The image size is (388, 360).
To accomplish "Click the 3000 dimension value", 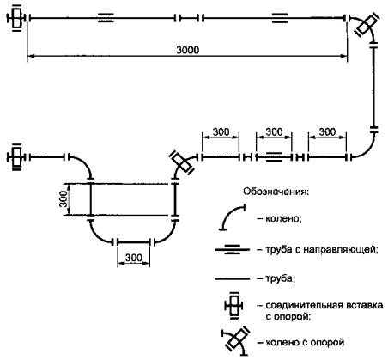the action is click(x=187, y=50).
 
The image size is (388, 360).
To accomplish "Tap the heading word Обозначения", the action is click(x=276, y=192).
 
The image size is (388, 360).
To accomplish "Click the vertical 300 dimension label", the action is click(x=64, y=198).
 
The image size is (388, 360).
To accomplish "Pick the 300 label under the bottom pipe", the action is click(x=134, y=258).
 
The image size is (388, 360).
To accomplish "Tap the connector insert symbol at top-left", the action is click(x=17, y=18).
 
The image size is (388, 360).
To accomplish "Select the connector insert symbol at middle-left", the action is click(x=17, y=157).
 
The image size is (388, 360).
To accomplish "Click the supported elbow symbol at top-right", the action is click(x=367, y=24).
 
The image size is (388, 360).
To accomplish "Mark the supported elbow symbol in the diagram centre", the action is click(x=181, y=162).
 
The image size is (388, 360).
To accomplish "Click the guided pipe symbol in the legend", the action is click(x=232, y=249).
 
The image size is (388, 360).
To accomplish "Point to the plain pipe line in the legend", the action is click(x=232, y=278).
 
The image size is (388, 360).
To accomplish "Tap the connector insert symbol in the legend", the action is click(x=234, y=305).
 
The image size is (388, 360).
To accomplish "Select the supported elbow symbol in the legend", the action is click(x=236, y=341).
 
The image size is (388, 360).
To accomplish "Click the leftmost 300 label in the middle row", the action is click(x=221, y=131).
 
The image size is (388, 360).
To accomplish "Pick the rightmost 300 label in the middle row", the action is click(x=327, y=131).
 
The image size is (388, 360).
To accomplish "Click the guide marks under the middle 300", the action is click(x=274, y=157).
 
